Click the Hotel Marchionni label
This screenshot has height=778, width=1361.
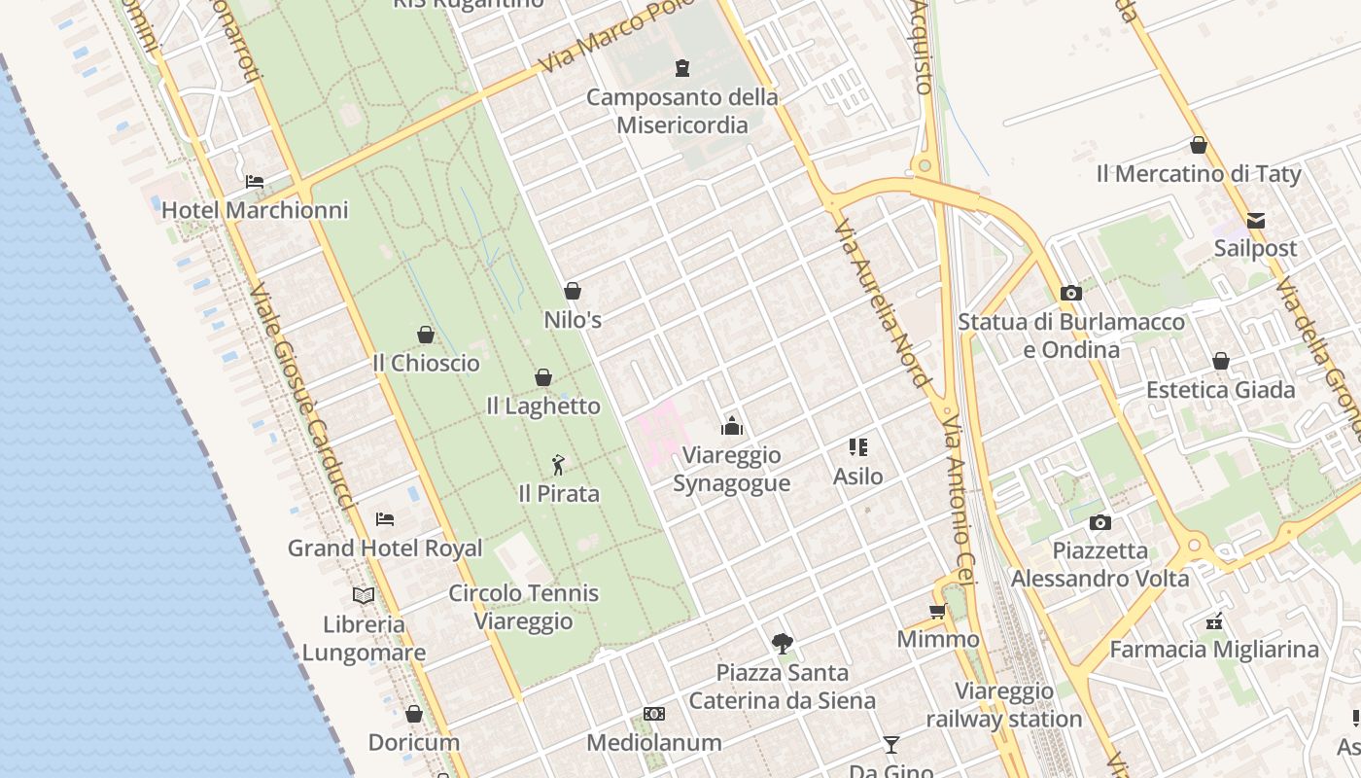(x=255, y=210)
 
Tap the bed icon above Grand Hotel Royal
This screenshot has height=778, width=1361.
(x=385, y=519)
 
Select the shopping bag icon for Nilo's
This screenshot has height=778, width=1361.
(x=573, y=291)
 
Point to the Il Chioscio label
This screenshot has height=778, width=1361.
(x=426, y=363)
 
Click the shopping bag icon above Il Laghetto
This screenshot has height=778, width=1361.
(x=543, y=377)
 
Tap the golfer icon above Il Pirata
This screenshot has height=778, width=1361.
(x=558, y=465)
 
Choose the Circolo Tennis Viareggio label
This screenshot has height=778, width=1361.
(x=523, y=607)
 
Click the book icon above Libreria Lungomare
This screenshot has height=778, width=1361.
(x=364, y=595)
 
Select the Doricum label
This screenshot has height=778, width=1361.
(x=413, y=742)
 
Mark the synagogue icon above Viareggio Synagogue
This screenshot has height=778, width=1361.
(x=732, y=426)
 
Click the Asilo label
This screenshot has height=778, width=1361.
(x=858, y=477)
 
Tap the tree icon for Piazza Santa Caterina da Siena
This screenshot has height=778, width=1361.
(x=782, y=643)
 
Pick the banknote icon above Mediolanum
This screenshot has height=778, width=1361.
(x=654, y=714)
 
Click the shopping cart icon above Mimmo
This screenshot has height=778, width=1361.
(x=937, y=611)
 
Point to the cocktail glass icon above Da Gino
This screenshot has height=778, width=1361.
(x=890, y=745)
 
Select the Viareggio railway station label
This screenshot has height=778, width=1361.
(x=1003, y=705)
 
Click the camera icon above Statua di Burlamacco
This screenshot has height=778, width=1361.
(x=1071, y=293)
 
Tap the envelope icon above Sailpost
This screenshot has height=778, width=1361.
(x=1256, y=220)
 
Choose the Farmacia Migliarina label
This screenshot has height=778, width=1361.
(x=1214, y=649)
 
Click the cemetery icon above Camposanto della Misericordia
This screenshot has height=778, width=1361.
(x=682, y=68)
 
